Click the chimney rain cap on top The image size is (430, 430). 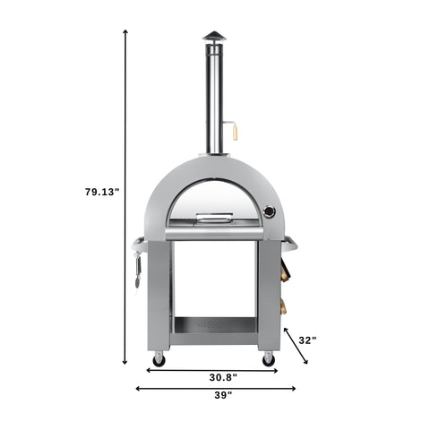(214, 36)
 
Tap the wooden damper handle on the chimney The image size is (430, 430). (236, 132)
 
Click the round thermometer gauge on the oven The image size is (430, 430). (269, 213)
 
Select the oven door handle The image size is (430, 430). (214, 217)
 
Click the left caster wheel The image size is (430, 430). (159, 359)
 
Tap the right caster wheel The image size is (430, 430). (268, 359)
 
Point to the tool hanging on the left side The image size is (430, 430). (139, 269)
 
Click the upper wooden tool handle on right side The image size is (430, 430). (286, 267)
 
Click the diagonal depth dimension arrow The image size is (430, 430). (296, 346)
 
